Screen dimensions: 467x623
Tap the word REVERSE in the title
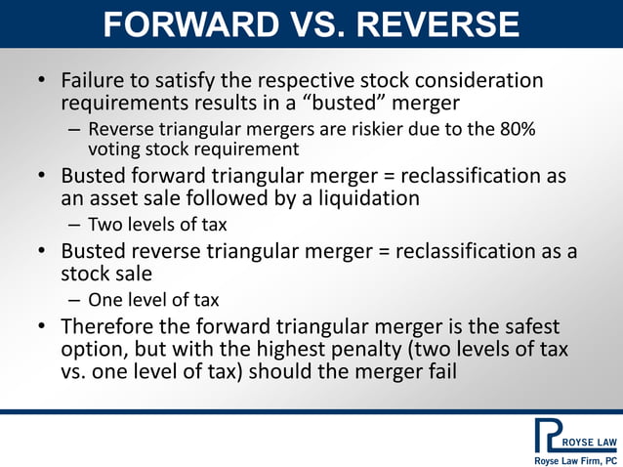(436, 25)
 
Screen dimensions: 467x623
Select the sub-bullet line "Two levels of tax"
(156, 225)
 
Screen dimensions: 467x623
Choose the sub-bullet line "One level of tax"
(153, 300)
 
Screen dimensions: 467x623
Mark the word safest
(526, 326)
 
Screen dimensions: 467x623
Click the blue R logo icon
(548, 435)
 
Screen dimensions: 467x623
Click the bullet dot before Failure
(42, 81)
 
